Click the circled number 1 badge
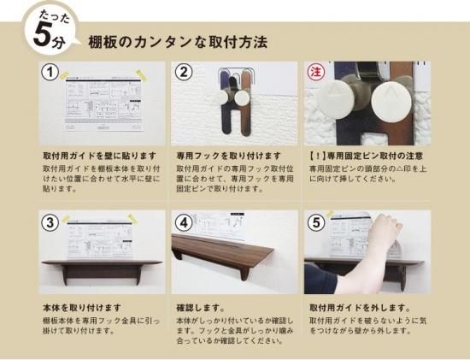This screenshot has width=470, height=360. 50,73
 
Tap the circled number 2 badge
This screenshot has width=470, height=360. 183,73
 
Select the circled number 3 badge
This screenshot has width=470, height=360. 50,222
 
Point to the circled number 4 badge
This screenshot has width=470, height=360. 183,222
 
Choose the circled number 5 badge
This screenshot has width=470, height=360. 316,222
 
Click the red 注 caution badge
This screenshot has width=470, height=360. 316,73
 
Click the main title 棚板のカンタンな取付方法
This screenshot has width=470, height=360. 178,42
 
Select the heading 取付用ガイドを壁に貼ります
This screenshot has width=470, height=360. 99,156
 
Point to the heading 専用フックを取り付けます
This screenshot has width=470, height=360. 229,156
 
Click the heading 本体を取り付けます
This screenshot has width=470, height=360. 82,308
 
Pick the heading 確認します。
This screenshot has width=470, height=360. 200,308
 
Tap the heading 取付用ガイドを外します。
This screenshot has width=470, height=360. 360,308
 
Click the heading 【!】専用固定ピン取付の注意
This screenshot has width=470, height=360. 366,156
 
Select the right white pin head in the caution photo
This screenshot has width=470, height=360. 391,102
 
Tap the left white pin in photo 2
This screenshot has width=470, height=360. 221,97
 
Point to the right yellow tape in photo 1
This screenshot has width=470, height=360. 141,75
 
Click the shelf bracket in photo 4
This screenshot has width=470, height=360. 244,274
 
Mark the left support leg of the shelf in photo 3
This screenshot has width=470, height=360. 65,275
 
